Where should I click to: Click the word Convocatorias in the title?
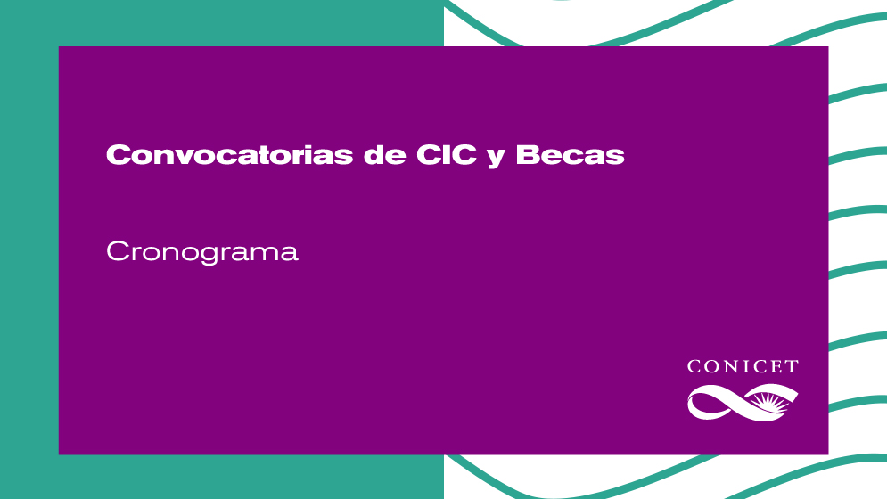pos(230,154)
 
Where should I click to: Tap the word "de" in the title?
pos(385,154)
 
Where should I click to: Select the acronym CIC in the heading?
pos(447,154)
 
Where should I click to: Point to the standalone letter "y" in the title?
pos(496,158)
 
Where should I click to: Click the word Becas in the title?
pos(570,154)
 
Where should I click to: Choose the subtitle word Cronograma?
pos(202,252)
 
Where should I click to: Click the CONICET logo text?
pos(743,366)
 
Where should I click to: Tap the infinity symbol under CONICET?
pos(743,402)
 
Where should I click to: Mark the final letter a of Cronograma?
pos(289,254)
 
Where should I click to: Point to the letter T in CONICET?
pos(791,366)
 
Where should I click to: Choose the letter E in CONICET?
pos(776,366)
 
